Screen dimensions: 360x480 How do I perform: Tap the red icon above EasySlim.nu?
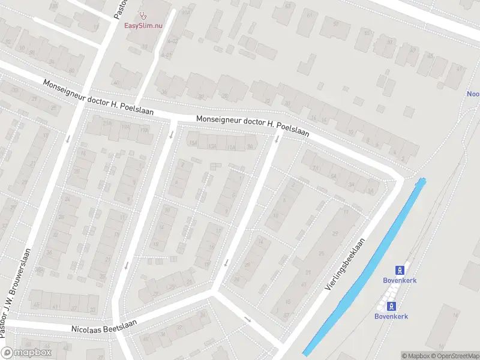[x=142, y=16]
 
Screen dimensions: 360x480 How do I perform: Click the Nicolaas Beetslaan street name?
[x=104, y=326]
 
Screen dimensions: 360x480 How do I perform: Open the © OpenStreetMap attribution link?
[x=454, y=356]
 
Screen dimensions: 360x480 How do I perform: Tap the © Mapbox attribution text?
[x=415, y=356]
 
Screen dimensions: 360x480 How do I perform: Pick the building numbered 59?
[x=336, y=25]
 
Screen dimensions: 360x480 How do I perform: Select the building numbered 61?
[x=310, y=16]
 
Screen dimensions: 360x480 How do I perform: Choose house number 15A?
[x=193, y=143]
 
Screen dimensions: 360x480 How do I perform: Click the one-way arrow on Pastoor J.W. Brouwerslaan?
[x=68, y=138]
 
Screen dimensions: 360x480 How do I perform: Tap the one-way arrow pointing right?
[x=248, y=319]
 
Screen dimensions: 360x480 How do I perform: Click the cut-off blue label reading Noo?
[x=473, y=94]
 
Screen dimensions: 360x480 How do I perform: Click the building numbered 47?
[x=459, y=69]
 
